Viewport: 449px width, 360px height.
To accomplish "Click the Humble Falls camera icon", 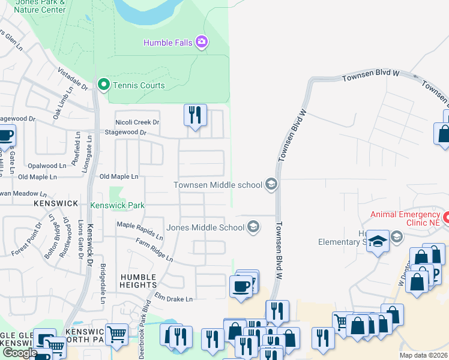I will (x=202, y=42).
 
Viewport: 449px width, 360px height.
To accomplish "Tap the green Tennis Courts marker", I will (x=103, y=85).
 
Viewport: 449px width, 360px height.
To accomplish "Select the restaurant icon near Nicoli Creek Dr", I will (x=195, y=115).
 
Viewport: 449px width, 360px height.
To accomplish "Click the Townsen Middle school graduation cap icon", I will (x=271, y=185).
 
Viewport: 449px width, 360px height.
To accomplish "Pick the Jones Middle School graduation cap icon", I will (x=253, y=227).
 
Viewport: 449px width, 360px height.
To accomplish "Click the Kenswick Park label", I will (x=117, y=205).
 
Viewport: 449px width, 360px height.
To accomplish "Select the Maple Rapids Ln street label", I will (x=139, y=230).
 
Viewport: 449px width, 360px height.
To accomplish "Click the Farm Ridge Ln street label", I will (x=154, y=250).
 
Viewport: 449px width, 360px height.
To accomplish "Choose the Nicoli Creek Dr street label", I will (x=137, y=122).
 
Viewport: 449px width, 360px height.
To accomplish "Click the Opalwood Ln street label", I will (x=47, y=166).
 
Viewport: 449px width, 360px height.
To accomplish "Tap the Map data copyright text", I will (x=424, y=355).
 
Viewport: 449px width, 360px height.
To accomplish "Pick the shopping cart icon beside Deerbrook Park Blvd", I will (x=116, y=334).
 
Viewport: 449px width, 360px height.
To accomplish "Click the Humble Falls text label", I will (x=169, y=42).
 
